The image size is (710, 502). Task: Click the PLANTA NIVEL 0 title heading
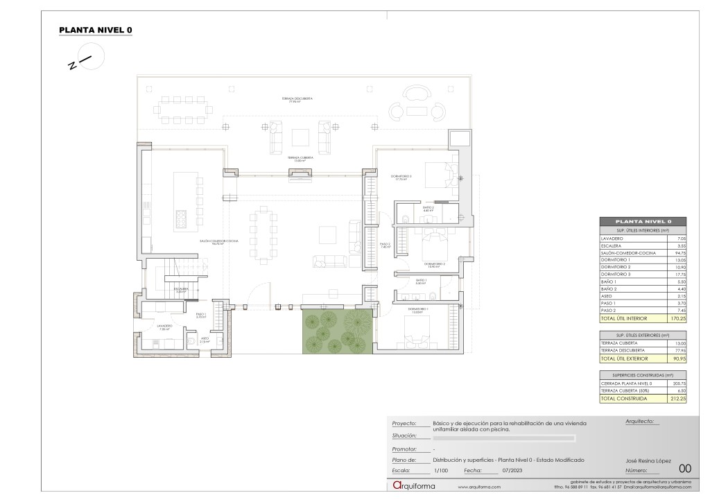click(95, 30)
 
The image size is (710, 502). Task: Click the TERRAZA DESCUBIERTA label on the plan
click(297, 99)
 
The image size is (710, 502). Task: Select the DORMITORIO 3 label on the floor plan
click(401, 178)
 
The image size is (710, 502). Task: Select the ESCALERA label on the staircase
click(181, 290)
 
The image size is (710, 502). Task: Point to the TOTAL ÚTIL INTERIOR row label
click(623, 318)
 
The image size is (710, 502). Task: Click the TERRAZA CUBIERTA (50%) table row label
click(627, 391)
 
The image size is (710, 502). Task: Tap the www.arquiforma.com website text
click(479, 487)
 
